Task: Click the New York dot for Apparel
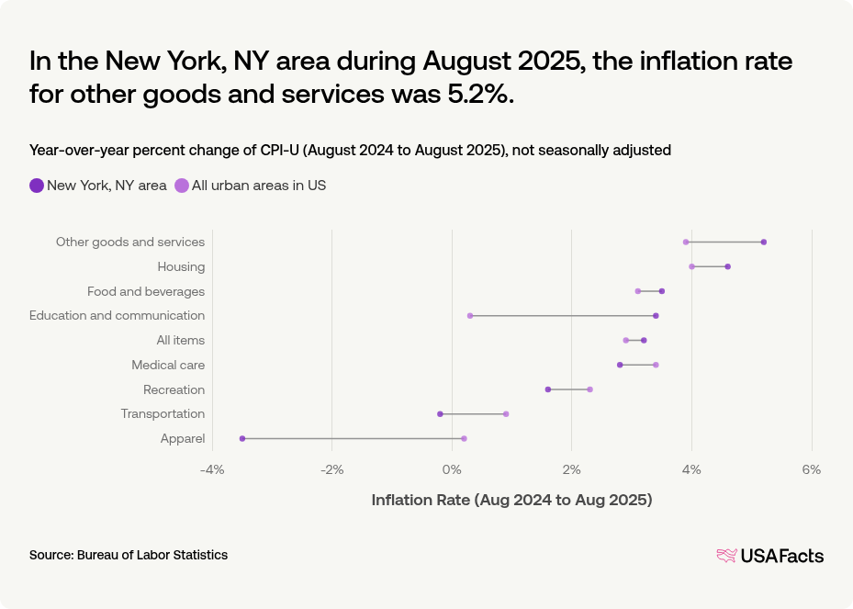242,438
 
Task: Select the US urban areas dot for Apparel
464,438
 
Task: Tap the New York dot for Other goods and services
763,242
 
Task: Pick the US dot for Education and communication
470,315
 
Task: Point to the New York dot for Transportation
440,413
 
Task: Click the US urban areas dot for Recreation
589,389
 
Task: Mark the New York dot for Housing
727,266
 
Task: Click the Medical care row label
167,365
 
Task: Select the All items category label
180,340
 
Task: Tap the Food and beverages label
145,291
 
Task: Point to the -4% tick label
211,469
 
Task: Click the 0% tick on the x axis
452,469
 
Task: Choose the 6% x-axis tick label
811,469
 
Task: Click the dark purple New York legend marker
37,186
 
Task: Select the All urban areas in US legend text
258,186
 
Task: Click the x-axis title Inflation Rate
511,500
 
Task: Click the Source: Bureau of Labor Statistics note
129,555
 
